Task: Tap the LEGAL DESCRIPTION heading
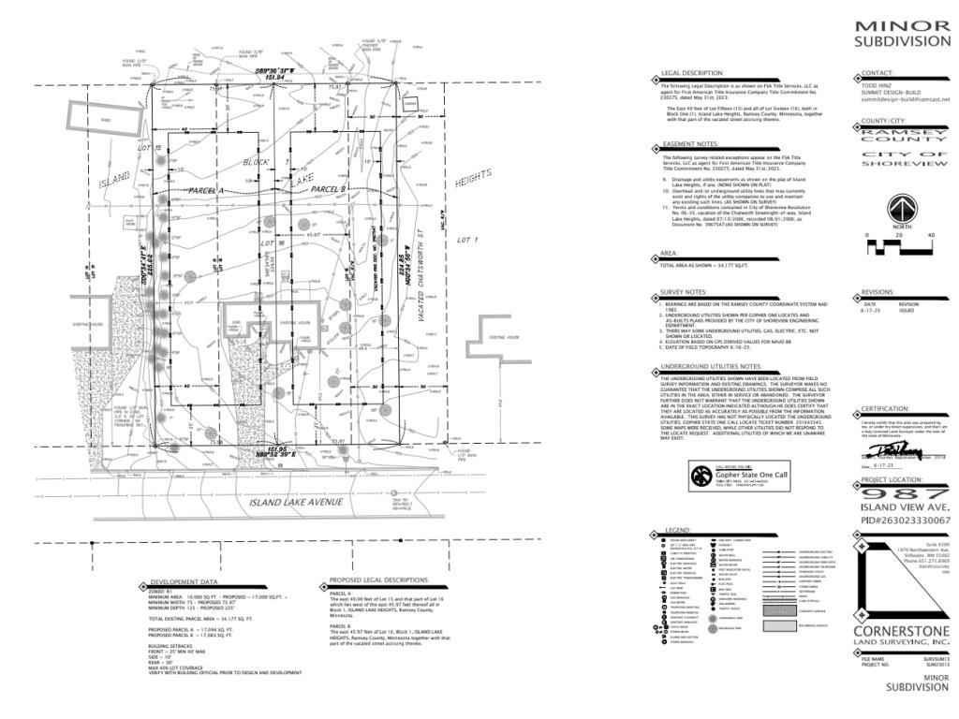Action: click(x=692, y=73)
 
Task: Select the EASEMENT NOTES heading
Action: click(x=690, y=145)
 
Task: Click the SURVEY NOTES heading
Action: click(x=685, y=293)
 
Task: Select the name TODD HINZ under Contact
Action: click(x=877, y=84)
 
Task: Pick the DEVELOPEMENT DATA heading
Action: click(x=184, y=581)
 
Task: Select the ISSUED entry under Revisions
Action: click(x=908, y=310)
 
